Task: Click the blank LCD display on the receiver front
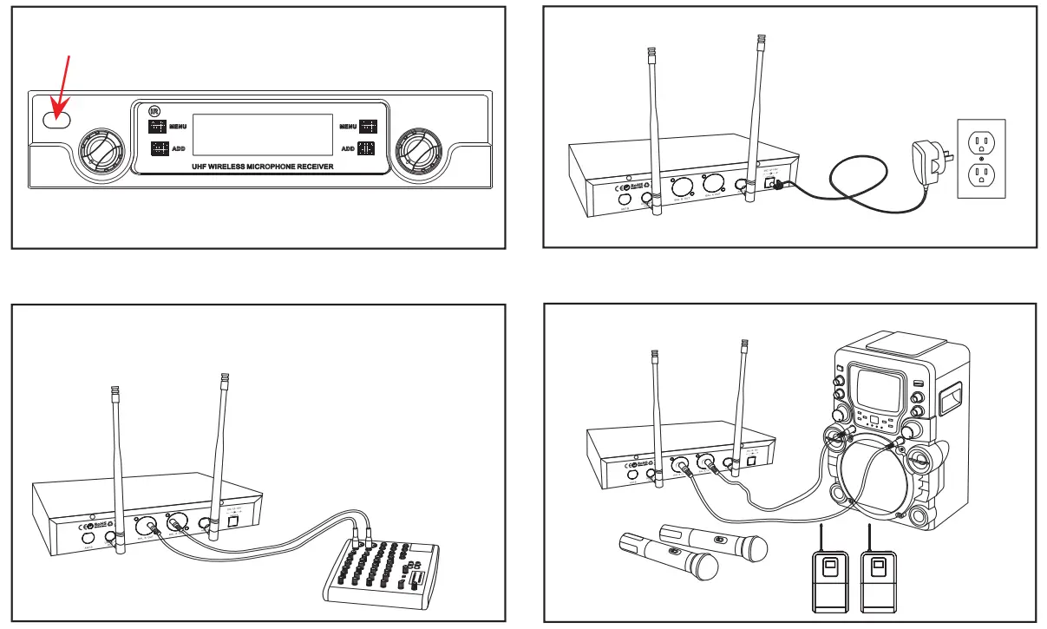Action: point(263,134)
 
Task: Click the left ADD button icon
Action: point(158,148)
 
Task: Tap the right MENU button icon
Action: point(368,127)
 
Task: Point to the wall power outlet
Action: point(980,159)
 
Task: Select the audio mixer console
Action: point(383,572)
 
